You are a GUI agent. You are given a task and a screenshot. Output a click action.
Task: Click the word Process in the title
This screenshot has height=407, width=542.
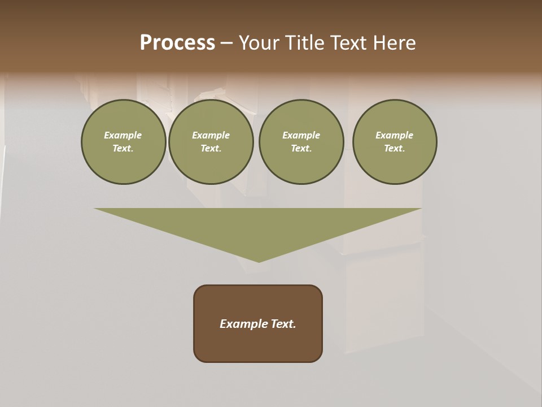coord(177,43)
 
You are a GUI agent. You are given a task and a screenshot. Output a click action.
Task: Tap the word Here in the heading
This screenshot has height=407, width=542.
coord(395,43)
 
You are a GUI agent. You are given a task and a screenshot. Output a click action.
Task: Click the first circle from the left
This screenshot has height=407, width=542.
coord(123,141)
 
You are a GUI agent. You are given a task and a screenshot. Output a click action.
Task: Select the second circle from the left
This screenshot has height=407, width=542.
coord(211,141)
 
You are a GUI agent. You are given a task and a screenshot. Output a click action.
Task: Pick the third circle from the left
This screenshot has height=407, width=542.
coord(301,141)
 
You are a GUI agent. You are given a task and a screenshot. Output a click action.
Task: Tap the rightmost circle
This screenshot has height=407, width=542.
coord(395,141)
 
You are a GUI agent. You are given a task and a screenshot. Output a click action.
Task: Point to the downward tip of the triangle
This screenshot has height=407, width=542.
coord(259,261)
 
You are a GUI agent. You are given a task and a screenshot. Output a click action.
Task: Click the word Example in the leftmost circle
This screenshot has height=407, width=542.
coord(123,135)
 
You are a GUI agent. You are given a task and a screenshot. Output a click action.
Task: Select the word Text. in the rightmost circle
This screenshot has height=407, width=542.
coord(395,148)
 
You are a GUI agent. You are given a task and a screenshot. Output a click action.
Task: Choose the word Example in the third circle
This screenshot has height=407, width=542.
coord(301,135)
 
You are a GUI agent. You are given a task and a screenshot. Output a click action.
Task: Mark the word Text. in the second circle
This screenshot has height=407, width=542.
coord(211,148)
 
